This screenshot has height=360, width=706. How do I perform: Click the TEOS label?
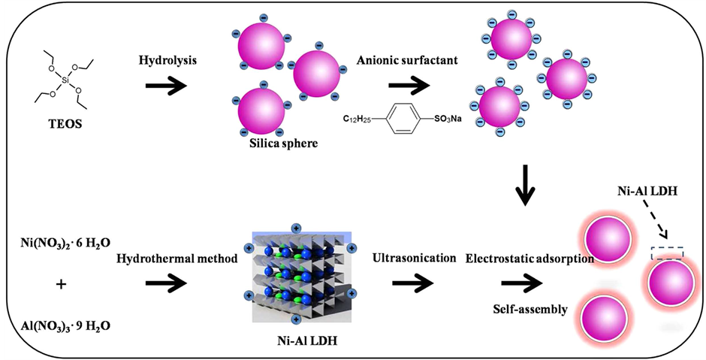[x=65, y=123]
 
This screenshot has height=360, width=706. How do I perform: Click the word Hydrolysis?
[x=167, y=61]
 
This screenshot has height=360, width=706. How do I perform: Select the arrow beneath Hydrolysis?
[x=166, y=86]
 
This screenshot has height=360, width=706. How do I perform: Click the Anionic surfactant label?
[x=407, y=60]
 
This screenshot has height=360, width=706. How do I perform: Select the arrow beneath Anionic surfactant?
[x=408, y=86]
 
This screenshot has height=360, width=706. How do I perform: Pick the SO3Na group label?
[x=447, y=119]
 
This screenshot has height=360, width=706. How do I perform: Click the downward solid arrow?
[x=524, y=185]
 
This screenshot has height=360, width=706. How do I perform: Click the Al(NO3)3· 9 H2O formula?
[x=66, y=326]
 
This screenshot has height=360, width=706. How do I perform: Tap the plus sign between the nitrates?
[x=62, y=284]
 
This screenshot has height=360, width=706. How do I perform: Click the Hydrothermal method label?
[x=177, y=259]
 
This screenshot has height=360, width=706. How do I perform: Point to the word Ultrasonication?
[x=415, y=259]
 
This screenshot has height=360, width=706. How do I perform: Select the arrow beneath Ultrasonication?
[x=412, y=283]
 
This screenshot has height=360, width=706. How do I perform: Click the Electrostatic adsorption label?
[x=529, y=259]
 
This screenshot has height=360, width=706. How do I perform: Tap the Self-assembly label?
[x=529, y=310]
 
